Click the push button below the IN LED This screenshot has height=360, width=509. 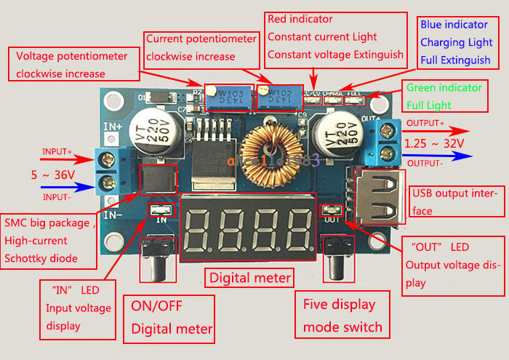156,265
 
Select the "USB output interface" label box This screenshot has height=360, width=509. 457,201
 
